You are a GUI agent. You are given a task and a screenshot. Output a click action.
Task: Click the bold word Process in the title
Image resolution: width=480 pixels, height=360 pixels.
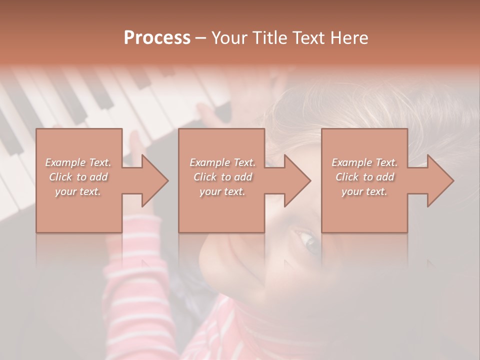pos(157,38)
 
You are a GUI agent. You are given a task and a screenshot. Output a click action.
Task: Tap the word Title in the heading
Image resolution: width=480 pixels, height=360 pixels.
pos(266,38)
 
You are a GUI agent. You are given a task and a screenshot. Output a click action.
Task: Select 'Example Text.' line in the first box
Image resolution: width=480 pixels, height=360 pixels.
pos(78,162)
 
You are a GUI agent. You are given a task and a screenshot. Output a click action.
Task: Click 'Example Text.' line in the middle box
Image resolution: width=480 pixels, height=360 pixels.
pos(222,162)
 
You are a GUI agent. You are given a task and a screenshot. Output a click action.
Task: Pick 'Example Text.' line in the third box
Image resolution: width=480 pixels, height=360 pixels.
pos(364,162)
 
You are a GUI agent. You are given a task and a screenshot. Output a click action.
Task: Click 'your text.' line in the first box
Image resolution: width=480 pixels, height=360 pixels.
pos(78,191)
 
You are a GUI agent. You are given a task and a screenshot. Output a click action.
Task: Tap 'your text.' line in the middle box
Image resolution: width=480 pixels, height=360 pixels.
pos(222,191)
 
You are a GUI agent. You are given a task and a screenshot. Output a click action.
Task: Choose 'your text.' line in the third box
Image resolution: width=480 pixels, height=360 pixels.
pos(364,191)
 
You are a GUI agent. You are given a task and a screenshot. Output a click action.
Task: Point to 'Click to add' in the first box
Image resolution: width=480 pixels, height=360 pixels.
pos(78,177)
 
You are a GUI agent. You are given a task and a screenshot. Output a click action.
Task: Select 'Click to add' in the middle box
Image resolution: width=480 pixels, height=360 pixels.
pos(222,177)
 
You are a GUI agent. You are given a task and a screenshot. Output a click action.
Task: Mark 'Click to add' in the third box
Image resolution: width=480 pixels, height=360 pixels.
pos(364,177)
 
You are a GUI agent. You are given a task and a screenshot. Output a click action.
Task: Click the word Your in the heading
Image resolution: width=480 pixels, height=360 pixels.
pos(228,38)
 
